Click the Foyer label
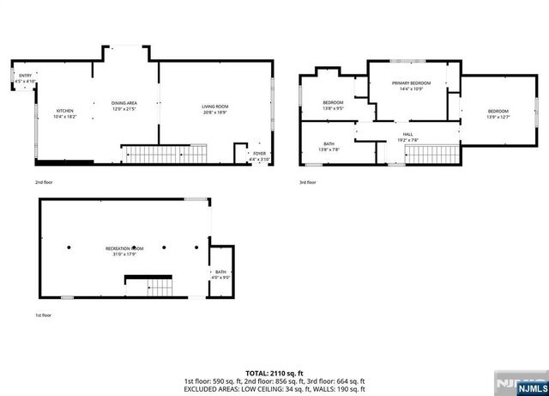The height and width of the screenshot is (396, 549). (x=259, y=156)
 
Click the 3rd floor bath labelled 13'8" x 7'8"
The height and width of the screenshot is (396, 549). (x=329, y=146)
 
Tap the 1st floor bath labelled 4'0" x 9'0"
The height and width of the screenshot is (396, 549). (x=221, y=274)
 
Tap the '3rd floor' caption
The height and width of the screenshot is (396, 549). (x=308, y=182)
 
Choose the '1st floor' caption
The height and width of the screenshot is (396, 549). (x=43, y=316)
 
